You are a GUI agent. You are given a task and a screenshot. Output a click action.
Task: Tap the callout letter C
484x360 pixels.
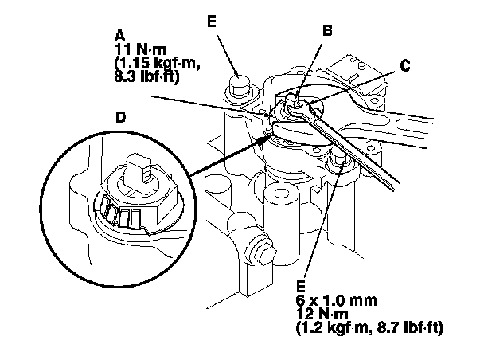click(405, 67)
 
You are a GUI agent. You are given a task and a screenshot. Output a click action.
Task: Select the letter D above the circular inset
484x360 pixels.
click(120, 117)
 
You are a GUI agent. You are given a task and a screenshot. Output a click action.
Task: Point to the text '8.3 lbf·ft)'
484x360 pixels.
click(148, 76)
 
